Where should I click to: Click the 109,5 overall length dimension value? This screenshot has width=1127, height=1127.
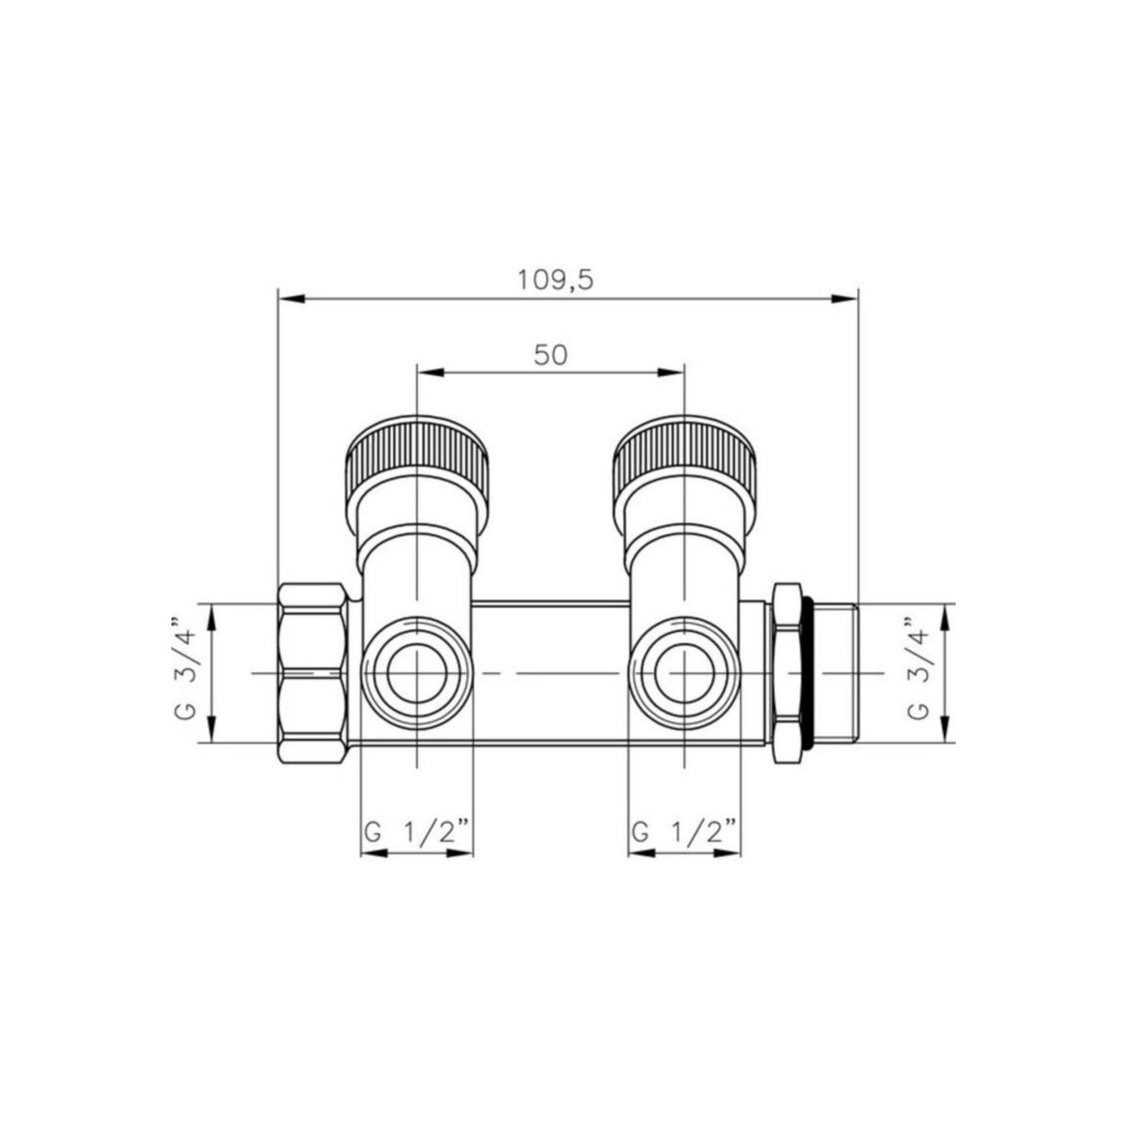point(555,281)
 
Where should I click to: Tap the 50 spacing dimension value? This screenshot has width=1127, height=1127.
point(551,355)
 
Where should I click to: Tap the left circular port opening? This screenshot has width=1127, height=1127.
point(416,673)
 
